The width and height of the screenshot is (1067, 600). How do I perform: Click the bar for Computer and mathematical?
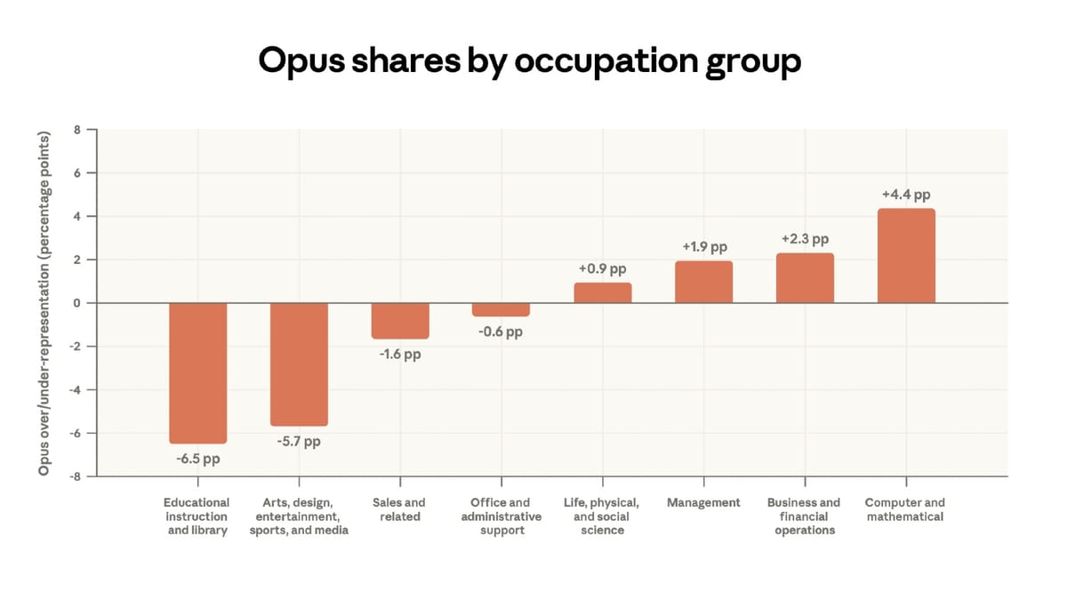coord(906,256)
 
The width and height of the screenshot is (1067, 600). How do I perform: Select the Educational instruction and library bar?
coord(198,373)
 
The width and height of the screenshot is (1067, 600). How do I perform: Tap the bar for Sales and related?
coord(400,321)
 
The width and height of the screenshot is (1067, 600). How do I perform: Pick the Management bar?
coord(703,282)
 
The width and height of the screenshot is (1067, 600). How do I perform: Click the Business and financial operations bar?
coord(805,278)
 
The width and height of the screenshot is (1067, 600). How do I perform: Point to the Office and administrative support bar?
coord(501,309)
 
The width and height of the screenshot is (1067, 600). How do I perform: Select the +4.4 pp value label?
coord(906,195)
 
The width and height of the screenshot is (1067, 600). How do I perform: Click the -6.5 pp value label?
coord(197,460)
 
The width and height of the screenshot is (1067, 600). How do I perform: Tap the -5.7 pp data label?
coord(298,442)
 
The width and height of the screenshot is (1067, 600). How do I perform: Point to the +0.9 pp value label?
coord(602,268)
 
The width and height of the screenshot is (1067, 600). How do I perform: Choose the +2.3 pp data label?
coord(805,239)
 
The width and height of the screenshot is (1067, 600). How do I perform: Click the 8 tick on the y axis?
coord(77,130)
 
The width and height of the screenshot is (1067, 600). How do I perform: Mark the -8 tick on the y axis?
coord(76,476)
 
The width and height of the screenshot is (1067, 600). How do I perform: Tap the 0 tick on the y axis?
coord(77,303)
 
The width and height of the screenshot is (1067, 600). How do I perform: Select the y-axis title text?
coord(44,302)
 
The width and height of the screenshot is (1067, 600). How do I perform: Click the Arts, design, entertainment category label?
coord(299,516)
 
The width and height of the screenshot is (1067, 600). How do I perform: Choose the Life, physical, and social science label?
coord(602,516)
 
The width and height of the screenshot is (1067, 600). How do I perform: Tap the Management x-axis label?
coord(703,503)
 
